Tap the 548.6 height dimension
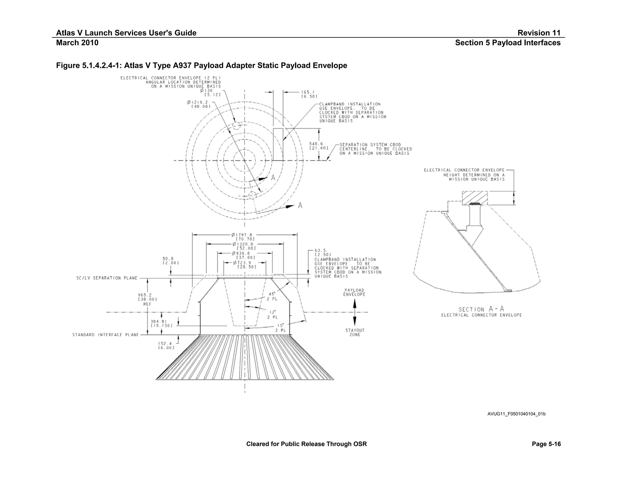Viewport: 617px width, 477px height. pos(316,144)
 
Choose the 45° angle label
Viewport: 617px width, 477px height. pos(272,294)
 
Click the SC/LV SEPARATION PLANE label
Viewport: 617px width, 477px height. pos(107,278)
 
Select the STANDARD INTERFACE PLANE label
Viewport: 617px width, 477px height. pos(105,335)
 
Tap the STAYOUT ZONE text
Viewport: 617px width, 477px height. pos(355,333)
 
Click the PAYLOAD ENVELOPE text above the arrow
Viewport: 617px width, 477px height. pos(354,292)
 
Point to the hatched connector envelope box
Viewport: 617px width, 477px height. pos(475,197)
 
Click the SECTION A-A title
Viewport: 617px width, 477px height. pos(481,309)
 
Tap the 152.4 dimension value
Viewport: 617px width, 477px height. pos(164,343)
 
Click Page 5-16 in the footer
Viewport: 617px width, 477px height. pos(546,444)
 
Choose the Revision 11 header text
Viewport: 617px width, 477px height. pos(539,33)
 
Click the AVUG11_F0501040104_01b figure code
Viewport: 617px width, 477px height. pos(516,414)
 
